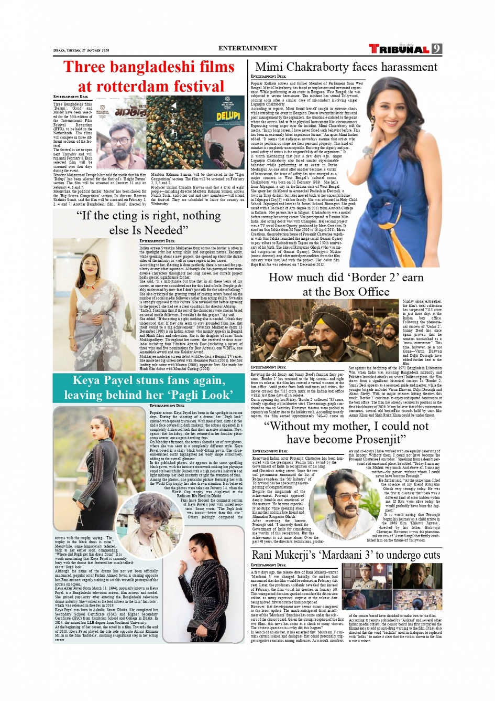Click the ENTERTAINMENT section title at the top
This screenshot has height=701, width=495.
click(248, 48)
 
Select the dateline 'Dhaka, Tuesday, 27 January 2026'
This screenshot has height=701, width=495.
click(81, 50)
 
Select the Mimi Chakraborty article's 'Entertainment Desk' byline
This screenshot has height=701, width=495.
click(268, 77)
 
